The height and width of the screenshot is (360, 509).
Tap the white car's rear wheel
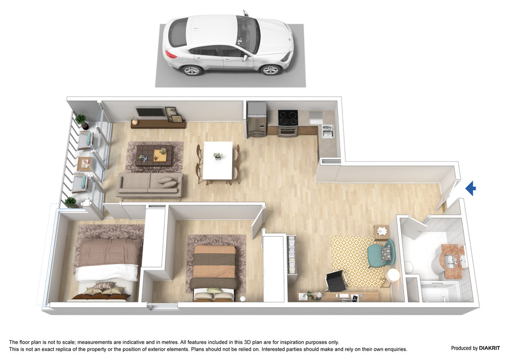pos(191,70)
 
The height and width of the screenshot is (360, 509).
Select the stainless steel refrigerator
pos(257,119)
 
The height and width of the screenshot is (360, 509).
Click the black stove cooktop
pos(288,117)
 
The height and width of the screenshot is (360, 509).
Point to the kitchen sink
pos(328,131)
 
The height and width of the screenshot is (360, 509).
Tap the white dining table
pos(218,161)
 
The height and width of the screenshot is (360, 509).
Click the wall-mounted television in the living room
pos(150,112)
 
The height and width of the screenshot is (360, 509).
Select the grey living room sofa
pos(150,185)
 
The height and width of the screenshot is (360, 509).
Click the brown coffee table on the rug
pos(154,155)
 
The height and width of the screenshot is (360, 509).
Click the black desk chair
pos(336,281)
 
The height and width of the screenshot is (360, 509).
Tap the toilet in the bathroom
pos(409,267)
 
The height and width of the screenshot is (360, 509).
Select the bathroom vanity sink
pos(452,260)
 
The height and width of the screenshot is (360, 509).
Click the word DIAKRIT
pos(489,348)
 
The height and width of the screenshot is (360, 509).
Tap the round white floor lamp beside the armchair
pos(393,275)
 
